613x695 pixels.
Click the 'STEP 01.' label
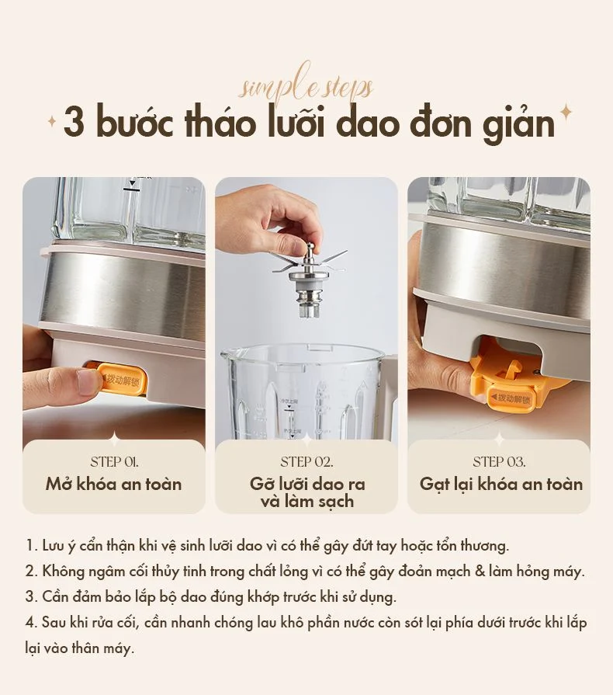pyautogui.click(x=114, y=461)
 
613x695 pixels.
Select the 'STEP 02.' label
pyautogui.click(x=306, y=462)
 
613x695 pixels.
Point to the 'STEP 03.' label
pyautogui.click(x=499, y=462)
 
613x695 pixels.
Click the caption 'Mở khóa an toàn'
pyautogui.click(x=113, y=485)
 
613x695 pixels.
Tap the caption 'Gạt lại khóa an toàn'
pyautogui.click(x=500, y=485)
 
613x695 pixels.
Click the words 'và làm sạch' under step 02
pyautogui.click(x=306, y=502)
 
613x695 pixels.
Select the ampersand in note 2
pyautogui.click(x=481, y=572)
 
